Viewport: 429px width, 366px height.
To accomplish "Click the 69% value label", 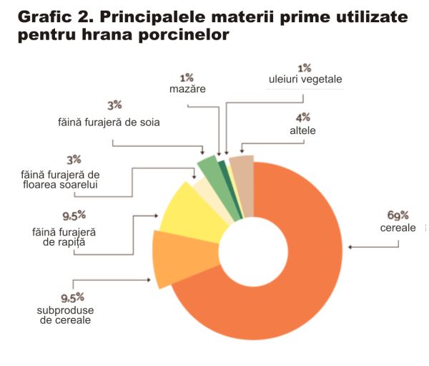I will click(398, 215).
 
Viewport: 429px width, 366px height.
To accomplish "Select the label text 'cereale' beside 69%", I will click(398, 227).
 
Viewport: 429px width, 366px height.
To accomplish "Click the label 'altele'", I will click(303, 131).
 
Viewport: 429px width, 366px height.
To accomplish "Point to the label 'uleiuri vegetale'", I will click(305, 80).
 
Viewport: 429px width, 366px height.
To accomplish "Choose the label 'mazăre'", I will click(187, 90).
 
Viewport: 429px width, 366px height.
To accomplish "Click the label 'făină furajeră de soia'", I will click(109, 122).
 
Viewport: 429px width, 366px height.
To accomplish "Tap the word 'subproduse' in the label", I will click(65, 310).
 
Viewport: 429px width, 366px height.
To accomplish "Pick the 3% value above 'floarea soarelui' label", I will click(74, 159).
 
